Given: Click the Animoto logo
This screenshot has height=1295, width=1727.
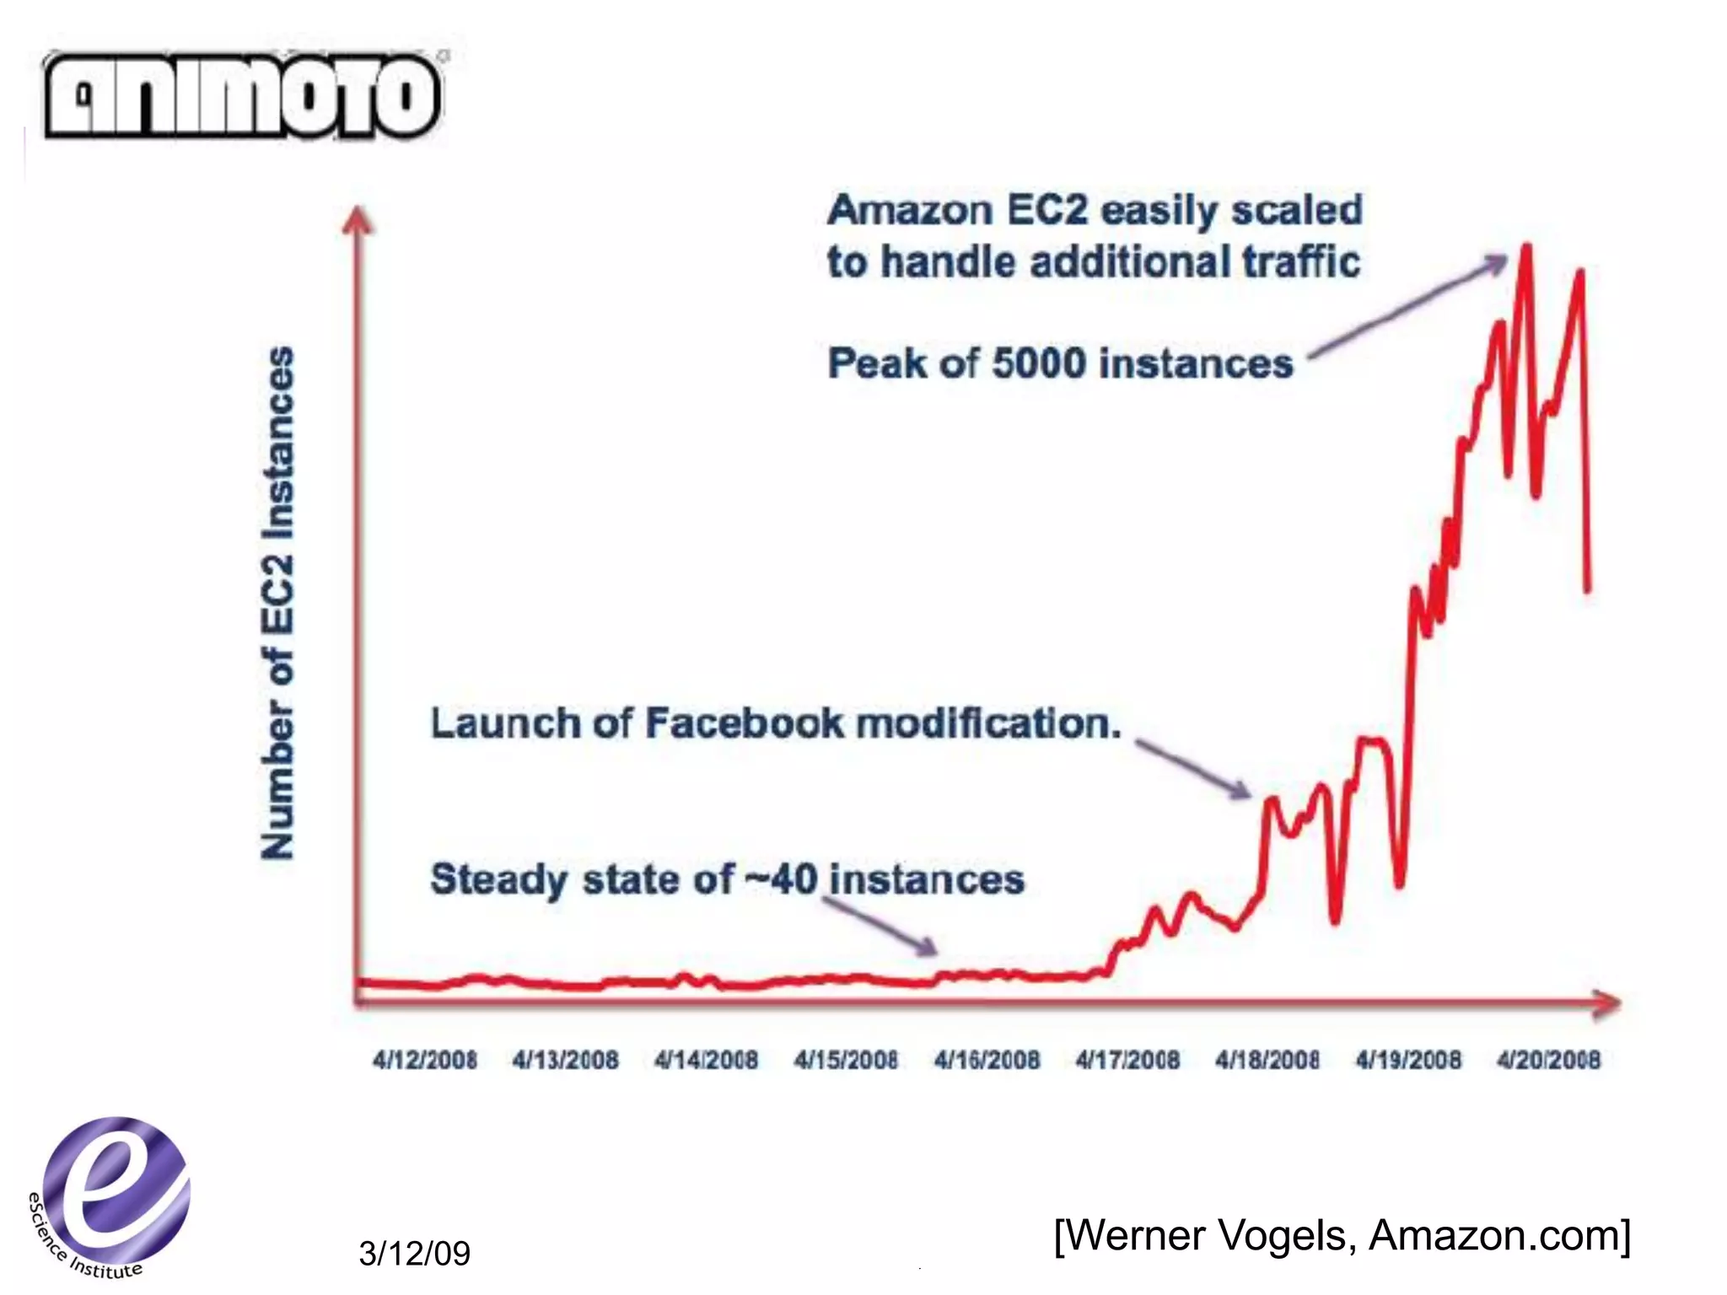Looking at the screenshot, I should pos(242,95).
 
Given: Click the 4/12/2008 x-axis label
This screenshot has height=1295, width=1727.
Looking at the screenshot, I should pos(425,1060).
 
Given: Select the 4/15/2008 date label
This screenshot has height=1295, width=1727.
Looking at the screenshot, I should pos(846,1060).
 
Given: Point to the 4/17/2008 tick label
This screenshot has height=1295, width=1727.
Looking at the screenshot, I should pos(1127,1060).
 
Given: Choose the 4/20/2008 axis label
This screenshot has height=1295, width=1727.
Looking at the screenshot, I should pos(1548,1060).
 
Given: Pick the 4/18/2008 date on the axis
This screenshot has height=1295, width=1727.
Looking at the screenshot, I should pos(1267,1060).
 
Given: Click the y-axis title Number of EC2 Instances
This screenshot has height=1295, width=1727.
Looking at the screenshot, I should pos(277,602).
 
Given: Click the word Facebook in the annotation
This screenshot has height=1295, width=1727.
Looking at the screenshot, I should pos(744,723).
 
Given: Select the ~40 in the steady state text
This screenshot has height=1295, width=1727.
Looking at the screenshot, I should pos(781,879).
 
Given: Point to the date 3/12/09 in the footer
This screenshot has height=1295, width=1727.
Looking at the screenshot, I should pos(414,1254).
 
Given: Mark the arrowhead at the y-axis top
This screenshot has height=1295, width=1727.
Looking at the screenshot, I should pos(358,219).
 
